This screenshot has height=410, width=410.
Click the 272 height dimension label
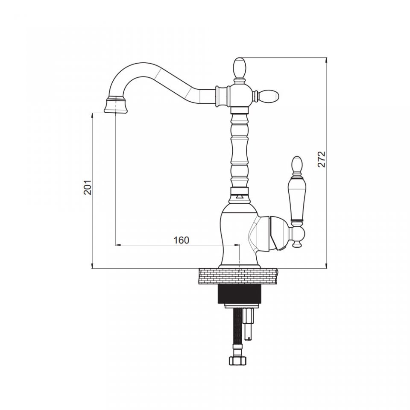[x=321, y=159]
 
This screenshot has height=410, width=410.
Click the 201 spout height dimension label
[x=88, y=187]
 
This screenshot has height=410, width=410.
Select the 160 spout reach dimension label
[x=181, y=240]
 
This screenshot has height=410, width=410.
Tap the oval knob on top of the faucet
[x=240, y=68]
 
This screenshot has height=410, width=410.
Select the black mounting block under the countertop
[x=240, y=294]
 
